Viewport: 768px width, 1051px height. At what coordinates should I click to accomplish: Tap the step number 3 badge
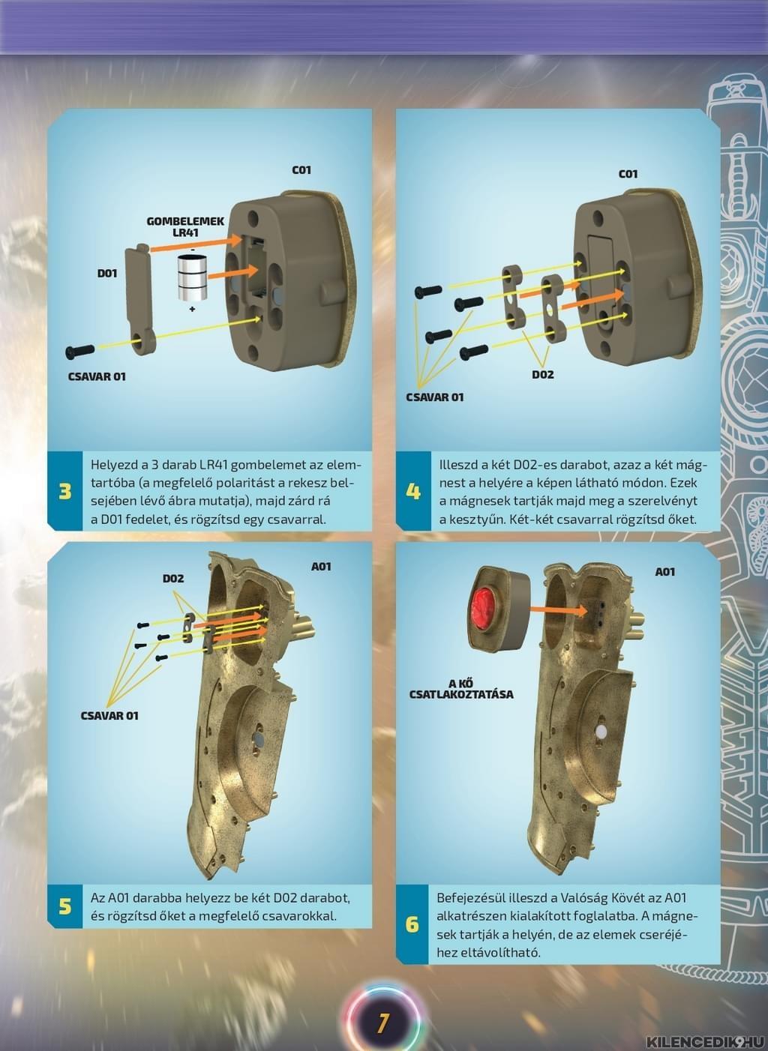(x=64, y=491)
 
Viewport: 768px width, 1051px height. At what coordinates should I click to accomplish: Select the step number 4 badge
(x=413, y=491)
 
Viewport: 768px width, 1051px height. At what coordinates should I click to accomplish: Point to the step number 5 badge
(x=64, y=906)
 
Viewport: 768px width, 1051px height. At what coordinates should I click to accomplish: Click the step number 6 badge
(x=412, y=924)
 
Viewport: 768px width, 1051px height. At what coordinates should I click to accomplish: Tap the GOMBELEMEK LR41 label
(x=186, y=226)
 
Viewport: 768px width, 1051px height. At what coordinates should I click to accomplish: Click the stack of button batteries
(x=192, y=278)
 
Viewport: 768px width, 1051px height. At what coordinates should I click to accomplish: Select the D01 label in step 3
(x=107, y=273)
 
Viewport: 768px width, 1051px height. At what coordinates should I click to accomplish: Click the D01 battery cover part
(x=139, y=299)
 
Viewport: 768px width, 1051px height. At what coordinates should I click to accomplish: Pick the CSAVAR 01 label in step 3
(x=97, y=376)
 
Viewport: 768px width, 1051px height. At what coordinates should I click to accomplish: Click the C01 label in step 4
(x=628, y=174)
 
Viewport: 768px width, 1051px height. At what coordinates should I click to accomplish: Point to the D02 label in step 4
(x=543, y=374)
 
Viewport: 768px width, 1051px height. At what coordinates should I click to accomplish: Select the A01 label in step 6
(x=665, y=571)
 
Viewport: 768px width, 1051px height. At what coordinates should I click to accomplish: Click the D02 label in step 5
(x=173, y=579)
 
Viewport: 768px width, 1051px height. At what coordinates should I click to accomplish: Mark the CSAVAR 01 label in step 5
(x=109, y=715)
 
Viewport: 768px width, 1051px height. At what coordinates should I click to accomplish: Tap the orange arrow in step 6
(x=559, y=610)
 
